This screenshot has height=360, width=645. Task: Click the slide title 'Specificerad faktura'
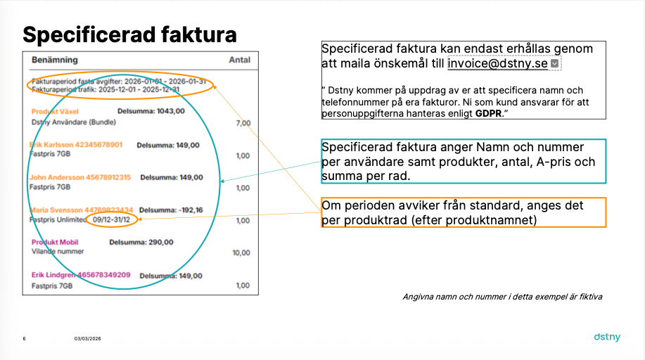coord(129,34)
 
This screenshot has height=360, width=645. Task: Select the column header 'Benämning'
coord(55,60)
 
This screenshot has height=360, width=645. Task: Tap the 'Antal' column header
coord(239,60)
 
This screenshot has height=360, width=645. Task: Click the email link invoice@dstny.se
coord(497,63)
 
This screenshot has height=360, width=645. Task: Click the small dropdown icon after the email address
coord(554,63)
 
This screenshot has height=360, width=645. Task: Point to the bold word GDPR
coord(488,113)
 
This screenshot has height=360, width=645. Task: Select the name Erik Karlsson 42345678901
coord(76,145)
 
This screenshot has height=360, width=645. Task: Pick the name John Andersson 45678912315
coord(80,177)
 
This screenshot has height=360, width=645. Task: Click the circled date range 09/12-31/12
coord(111,219)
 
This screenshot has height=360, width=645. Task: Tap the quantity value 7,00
coord(243,123)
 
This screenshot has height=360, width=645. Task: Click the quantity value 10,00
coord(241,252)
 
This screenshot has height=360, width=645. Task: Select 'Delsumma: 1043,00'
coord(151,111)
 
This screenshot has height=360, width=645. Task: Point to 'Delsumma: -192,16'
coord(171,210)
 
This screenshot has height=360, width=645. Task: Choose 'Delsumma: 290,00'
coord(141,243)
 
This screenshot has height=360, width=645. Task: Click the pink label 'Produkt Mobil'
coord(55,243)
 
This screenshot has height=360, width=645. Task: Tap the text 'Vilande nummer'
coord(58,252)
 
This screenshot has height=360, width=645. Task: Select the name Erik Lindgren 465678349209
coord(81,275)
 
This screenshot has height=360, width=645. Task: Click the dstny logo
coord(607,337)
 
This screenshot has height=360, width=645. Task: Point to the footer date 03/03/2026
coord(88,339)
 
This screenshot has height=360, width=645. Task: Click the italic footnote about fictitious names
coord(502,297)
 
